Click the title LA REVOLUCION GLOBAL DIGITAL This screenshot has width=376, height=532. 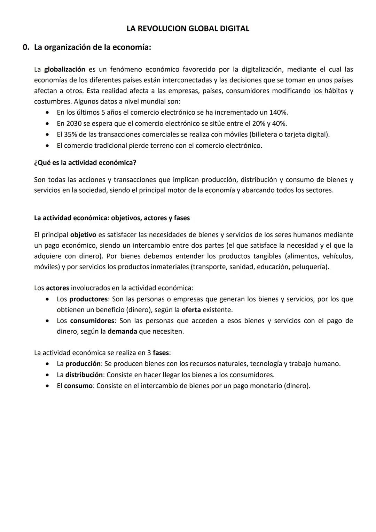[188, 29]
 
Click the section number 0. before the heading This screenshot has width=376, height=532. [26, 47]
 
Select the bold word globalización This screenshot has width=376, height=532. [64, 69]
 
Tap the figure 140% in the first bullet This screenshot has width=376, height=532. [279, 113]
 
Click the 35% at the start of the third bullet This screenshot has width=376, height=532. [71, 134]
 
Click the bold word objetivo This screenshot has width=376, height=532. [83, 235]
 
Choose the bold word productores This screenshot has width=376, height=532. [88, 299]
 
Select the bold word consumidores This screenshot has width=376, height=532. [92, 321]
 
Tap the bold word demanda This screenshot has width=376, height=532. [122, 332]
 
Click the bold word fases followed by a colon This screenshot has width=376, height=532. [160, 353]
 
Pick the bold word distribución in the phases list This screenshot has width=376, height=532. [84, 375]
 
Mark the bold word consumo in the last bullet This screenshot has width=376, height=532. [78, 386]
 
